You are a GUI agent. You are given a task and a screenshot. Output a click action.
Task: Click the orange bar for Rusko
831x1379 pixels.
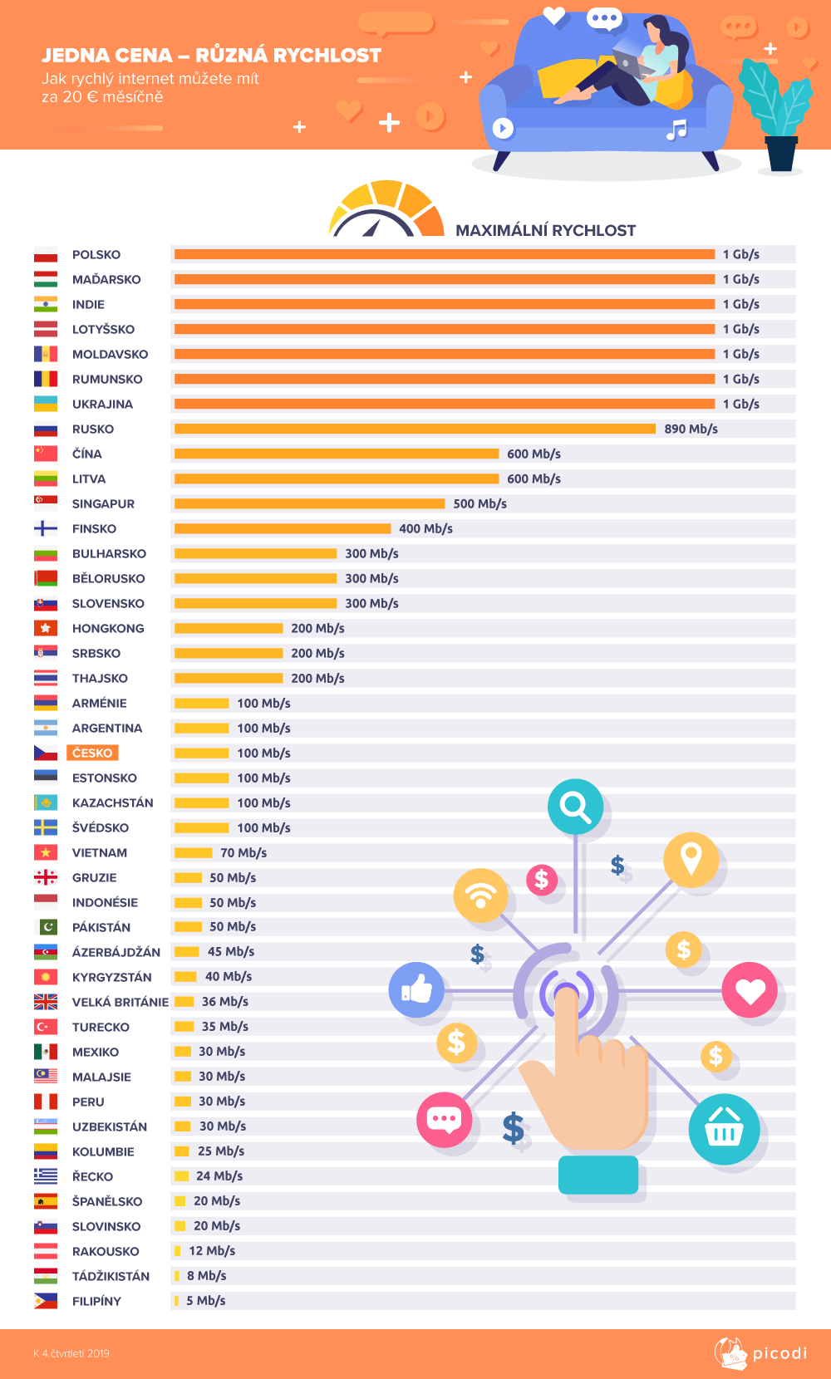tap(415, 429)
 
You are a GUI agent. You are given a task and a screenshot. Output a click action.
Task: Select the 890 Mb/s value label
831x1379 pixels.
tap(691, 429)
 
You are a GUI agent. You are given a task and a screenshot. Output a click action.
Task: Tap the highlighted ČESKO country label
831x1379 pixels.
tap(92, 753)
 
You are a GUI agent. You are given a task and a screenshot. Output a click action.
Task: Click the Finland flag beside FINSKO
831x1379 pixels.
tap(46, 528)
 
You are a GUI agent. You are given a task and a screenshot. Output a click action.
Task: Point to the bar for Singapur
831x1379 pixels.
tap(309, 503)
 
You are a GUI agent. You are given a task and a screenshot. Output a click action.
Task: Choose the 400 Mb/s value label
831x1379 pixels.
tap(425, 529)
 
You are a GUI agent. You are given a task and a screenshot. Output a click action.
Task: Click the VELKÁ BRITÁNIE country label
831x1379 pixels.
tap(120, 1002)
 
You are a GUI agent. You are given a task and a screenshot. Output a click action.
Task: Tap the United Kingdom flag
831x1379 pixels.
tap(46, 1002)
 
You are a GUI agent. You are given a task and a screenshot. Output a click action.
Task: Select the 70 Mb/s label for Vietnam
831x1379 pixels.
tap(243, 853)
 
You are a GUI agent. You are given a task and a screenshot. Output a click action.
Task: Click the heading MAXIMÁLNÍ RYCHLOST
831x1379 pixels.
tap(545, 231)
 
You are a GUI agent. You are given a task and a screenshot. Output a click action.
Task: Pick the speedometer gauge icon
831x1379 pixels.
tap(386, 210)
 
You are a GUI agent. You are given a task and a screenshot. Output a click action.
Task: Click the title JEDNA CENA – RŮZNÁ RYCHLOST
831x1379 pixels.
tap(211, 56)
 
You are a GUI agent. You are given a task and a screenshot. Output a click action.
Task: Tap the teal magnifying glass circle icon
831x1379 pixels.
tap(575, 807)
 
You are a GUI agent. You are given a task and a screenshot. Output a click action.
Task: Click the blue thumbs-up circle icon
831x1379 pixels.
tap(416, 989)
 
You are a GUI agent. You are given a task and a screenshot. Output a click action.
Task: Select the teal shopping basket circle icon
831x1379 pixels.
tap(724, 1129)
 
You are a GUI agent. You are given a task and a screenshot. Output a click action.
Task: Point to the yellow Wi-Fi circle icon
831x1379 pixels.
tap(480, 896)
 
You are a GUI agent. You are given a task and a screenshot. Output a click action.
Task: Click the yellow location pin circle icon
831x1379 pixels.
tap(691, 859)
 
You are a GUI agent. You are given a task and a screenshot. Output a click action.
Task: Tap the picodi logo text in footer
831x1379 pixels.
tap(779, 1353)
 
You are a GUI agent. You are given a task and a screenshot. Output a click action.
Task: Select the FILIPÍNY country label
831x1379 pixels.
tap(96, 1301)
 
